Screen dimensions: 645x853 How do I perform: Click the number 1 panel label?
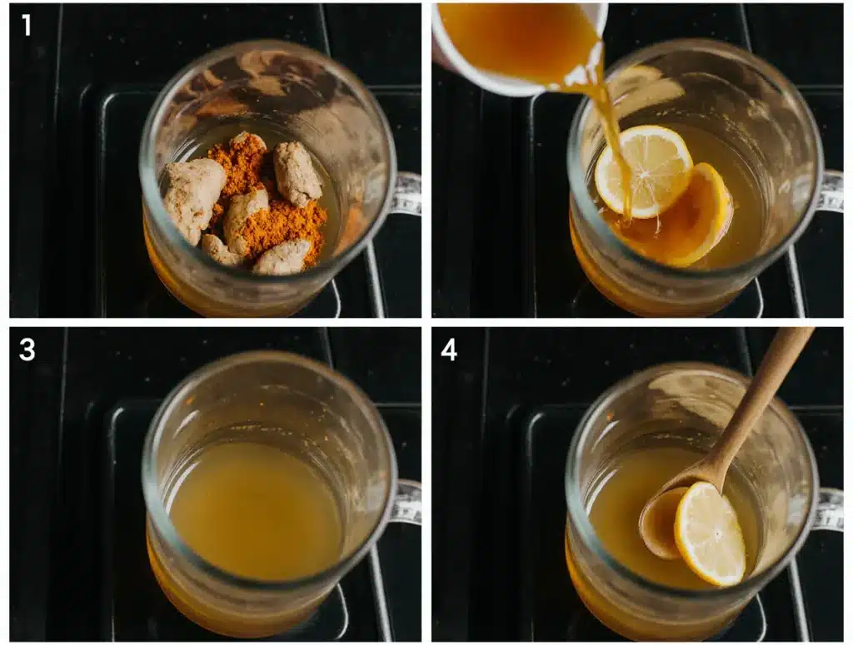pyautogui.click(x=27, y=26)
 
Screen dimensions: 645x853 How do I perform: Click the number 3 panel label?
pyautogui.click(x=27, y=349)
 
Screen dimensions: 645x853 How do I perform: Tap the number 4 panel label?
pyautogui.click(x=449, y=349)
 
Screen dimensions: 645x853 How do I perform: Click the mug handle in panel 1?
pyautogui.click(x=407, y=194)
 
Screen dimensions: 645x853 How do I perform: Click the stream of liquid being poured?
pyautogui.click(x=612, y=133)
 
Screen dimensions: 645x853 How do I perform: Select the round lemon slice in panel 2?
pyautogui.click(x=643, y=170)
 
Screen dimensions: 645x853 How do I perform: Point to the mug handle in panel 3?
pyautogui.click(x=407, y=503)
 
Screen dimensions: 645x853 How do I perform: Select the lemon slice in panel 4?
pyautogui.click(x=709, y=533)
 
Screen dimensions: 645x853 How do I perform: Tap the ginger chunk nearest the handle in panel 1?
pyautogui.click(x=297, y=173)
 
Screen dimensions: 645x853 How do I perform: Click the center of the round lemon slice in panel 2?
pyautogui.click(x=643, y=170)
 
